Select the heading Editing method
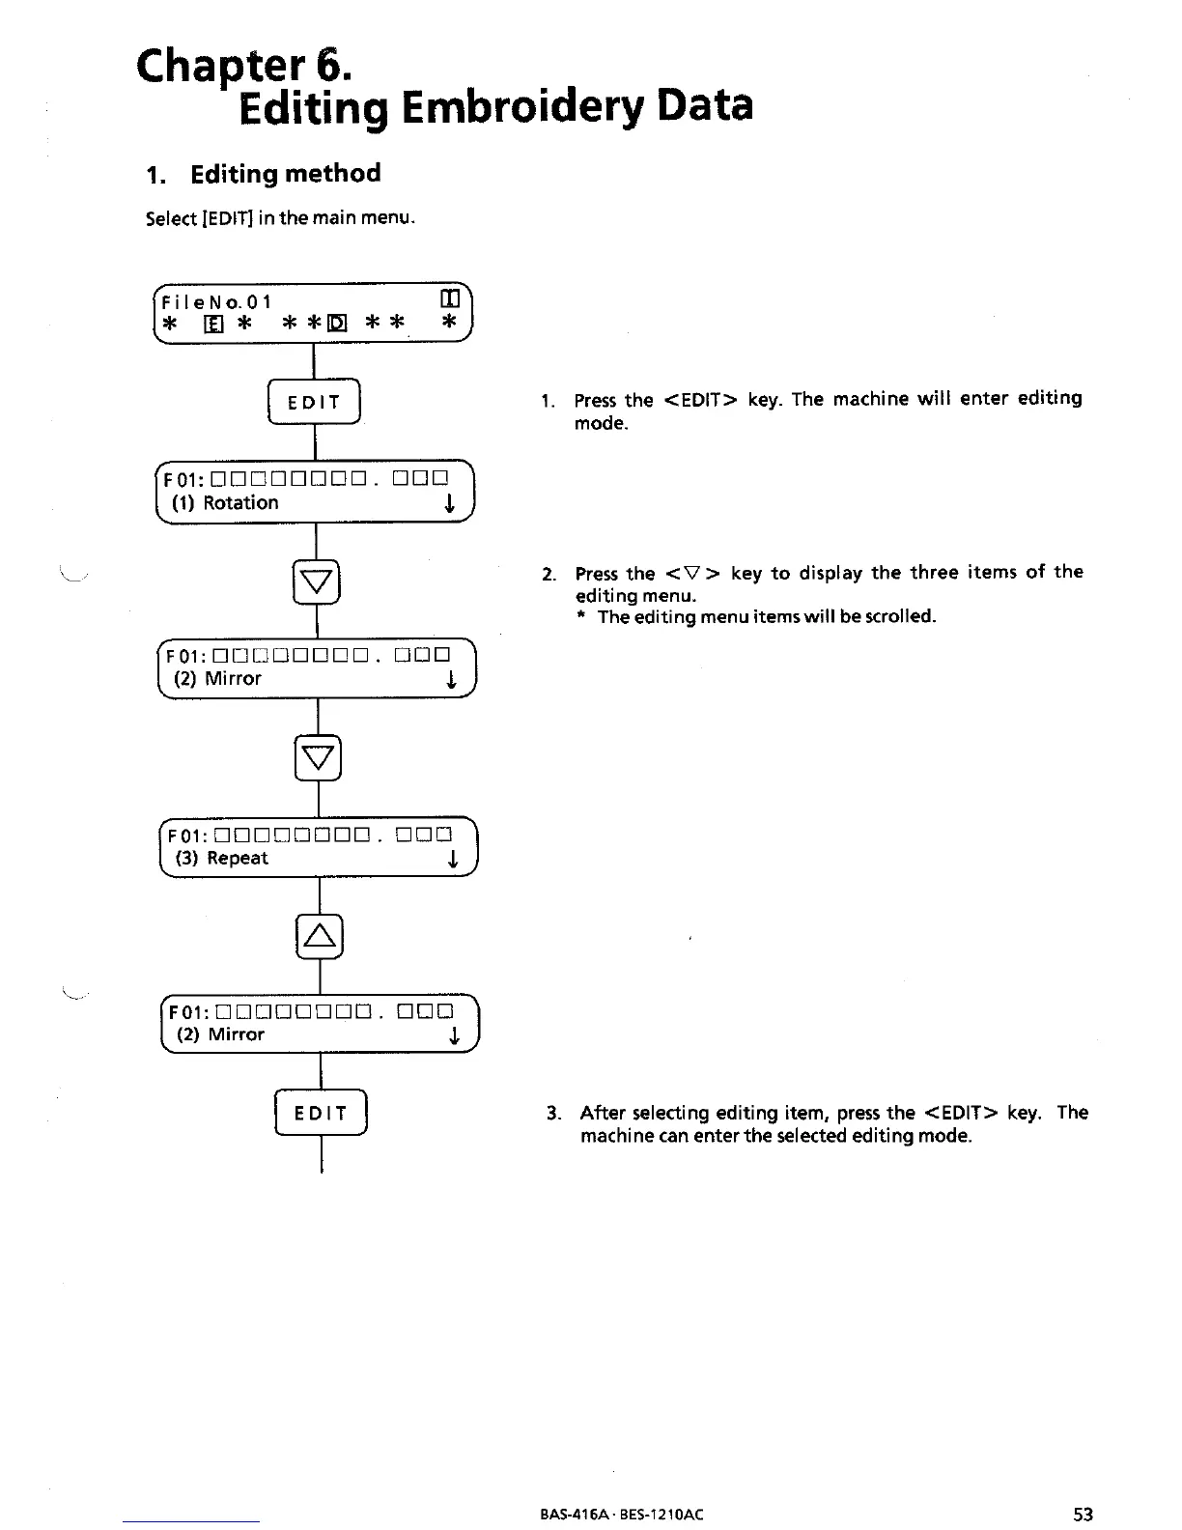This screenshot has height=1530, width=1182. click(x=286, y=174)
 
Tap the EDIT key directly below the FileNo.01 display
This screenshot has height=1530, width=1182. click(x=314, y=403)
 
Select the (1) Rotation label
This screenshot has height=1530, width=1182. click(x=226, y=503)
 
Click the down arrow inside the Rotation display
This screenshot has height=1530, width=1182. click(x=449, y=504)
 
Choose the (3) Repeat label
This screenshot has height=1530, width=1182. click(x=222, y=859)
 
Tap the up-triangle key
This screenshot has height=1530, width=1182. click(x=320, y=934)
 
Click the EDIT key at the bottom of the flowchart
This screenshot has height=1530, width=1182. click(x=321, y=1114)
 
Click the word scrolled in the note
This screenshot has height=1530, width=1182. click(x=902, y=617)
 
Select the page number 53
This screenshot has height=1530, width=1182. click(x=1083, y=1515)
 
